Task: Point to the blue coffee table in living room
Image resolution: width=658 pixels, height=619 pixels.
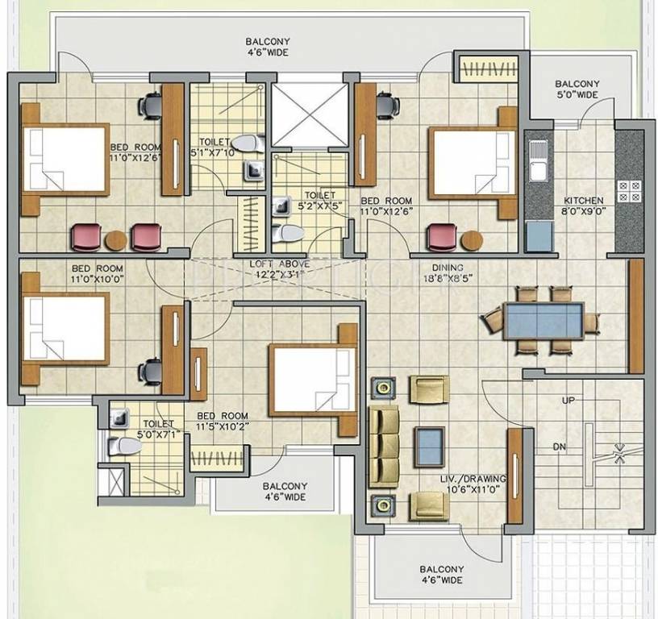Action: pyautogui.click(x=429, y=445)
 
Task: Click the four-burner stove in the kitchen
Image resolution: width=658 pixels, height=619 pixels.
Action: pyautogui.click(x=628, y=191)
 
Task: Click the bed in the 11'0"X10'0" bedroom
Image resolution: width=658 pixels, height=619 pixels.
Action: pyautogui.click(x=65, y=328)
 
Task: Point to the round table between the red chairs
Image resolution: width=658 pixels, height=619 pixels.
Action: pyautogui.click(x=116, y=239)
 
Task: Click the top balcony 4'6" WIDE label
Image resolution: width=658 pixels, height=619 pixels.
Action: pyautogui.click(x=269, y=47)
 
